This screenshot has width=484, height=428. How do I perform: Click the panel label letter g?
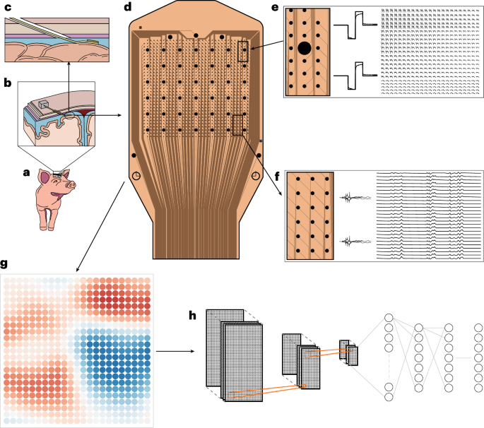click(5, 264)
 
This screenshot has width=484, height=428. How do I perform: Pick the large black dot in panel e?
click(305, 49)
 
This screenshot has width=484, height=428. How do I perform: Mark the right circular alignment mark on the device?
click(254, 177)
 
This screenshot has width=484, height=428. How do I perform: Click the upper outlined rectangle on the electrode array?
click(244, 52)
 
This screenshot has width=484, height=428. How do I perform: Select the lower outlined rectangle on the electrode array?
click(237, 125)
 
